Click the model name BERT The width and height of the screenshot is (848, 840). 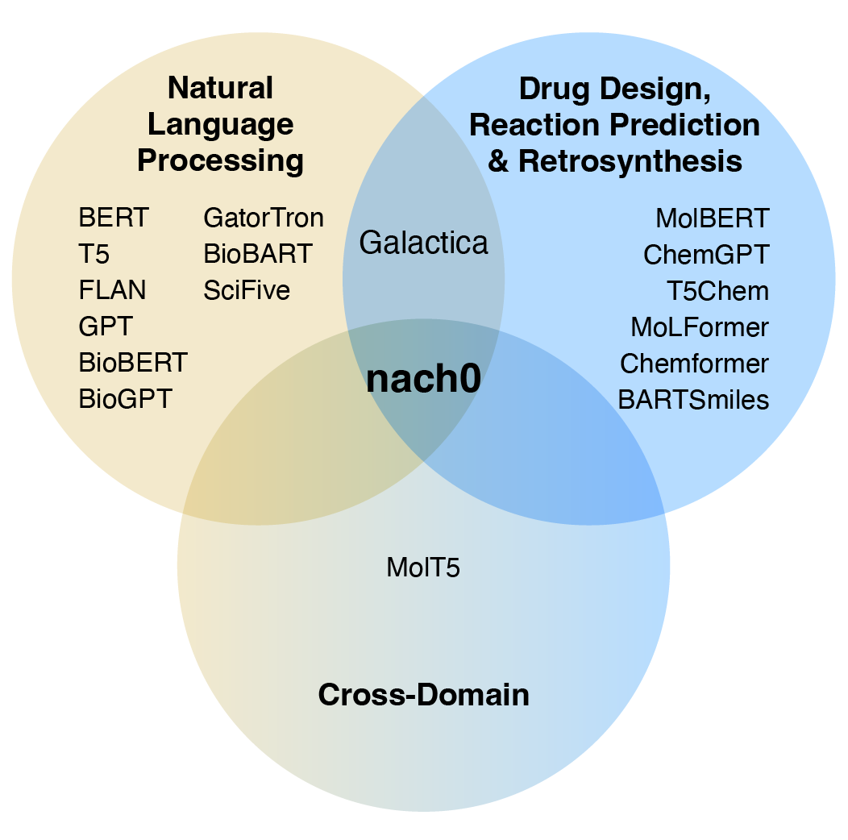coord(114,218)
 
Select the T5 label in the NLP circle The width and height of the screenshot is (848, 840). coord(94,254)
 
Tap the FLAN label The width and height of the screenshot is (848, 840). coord(113,290)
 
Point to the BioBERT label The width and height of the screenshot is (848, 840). coord(133,363)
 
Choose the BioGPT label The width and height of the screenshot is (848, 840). coord(125,399)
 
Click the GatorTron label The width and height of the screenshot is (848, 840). coord(264,218)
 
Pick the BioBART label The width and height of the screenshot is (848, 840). coord(257,254)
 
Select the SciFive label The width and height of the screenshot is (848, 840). coord(247,290)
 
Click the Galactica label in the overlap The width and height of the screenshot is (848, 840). coord(423,243)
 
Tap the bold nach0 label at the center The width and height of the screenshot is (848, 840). coord(423,380)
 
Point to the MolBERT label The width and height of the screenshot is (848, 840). coord(713,218)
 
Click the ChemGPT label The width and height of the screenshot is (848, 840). coord(706,254)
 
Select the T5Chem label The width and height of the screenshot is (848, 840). coord(717,290)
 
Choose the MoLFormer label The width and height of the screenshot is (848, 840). coord(700,327)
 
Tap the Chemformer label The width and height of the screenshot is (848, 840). coord(694,364)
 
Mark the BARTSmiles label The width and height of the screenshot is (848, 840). coord(693,399)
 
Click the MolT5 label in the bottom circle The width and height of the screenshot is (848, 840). coord(423,568)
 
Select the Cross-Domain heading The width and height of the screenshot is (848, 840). coord(423,695)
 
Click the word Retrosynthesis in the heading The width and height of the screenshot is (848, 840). coord(630,160)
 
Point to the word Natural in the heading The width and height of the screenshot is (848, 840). coord(220,88)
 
